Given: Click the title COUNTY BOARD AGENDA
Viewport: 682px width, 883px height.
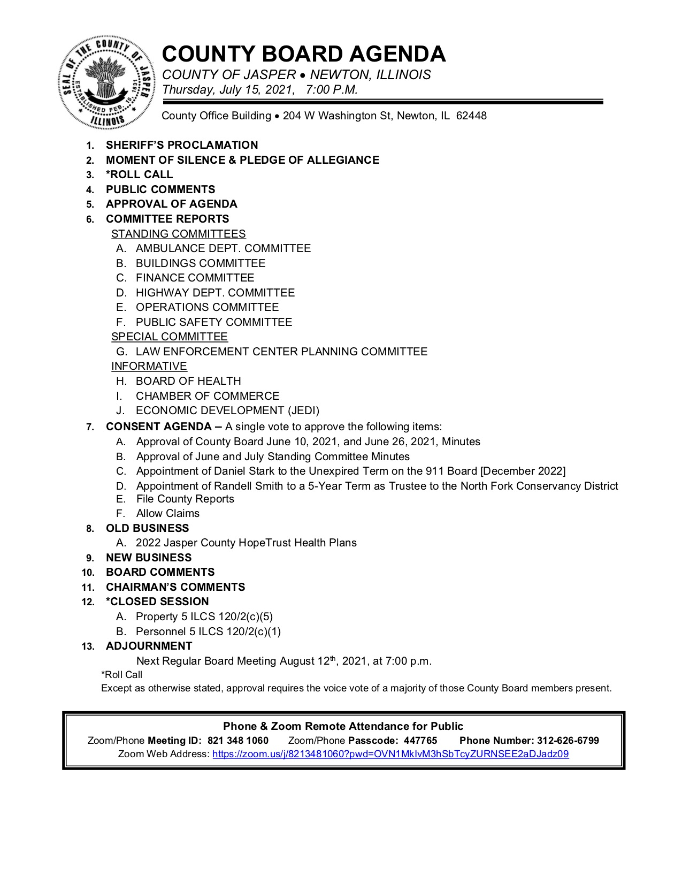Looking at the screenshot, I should [x=303, y=54].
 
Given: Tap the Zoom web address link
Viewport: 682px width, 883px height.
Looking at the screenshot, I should [x=390, y=754].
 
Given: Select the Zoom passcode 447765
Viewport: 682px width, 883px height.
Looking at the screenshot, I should [x=420, y=741].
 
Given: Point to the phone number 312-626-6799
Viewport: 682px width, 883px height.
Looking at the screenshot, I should [x=568, y=741].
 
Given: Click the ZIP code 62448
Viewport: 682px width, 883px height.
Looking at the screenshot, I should [x=471, y=116].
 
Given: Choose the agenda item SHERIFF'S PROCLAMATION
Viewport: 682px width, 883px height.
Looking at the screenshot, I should [x=182, y=145].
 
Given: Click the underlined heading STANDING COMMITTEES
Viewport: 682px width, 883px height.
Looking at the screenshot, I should [x=178, y=234].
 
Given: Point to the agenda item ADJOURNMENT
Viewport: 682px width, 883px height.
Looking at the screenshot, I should [x=149, y=646].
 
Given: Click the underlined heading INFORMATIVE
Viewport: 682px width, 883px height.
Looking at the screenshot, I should [x=149, y=366].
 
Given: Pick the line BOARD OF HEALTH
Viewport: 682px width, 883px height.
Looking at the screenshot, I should [x=188, y=381].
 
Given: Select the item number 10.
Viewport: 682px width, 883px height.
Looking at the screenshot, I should [x=88, y=573].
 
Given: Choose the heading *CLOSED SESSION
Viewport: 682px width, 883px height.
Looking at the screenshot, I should [x=157, y=602].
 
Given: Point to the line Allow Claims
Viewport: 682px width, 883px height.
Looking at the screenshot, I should [x=167, y=513].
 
